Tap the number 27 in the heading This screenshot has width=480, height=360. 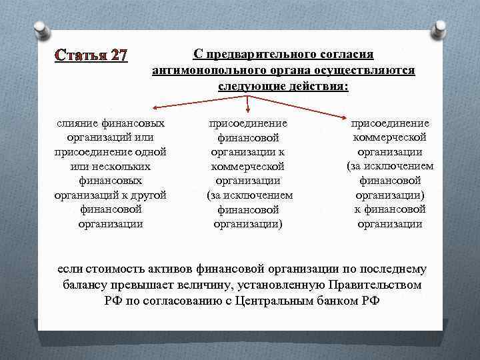coord(115,55)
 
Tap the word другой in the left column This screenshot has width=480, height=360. coord(147,195)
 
